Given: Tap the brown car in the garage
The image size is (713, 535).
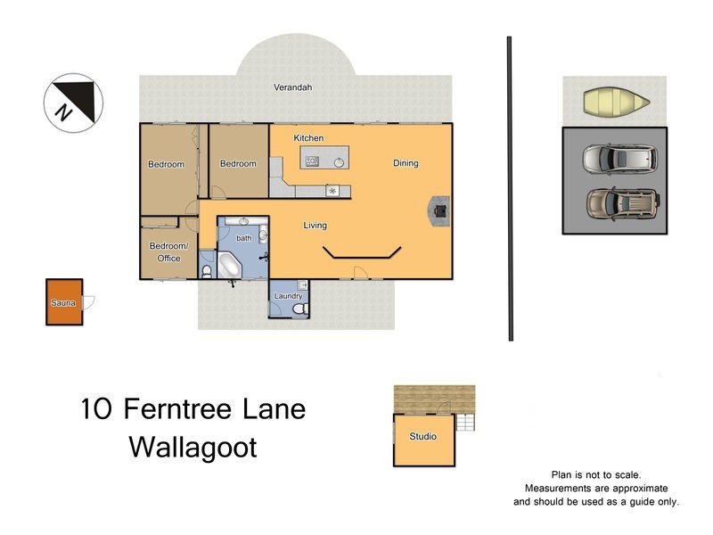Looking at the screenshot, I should click(622, 202).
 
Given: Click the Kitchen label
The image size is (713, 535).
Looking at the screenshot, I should click(308, 138).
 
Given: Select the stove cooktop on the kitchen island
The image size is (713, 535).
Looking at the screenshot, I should click(313, 161).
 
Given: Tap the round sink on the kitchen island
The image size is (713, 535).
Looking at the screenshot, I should click(340, 161).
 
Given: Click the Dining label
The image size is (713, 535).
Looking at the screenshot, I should click(406, 163).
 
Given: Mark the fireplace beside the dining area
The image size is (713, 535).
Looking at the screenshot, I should click(439, 211).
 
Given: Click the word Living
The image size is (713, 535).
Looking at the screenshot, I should click(316, 226).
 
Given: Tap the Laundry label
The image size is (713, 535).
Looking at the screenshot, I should click(288, 296).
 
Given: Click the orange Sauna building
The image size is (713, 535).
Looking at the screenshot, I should click(64, 303).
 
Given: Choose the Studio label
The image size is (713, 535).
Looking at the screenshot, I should click(422, 437).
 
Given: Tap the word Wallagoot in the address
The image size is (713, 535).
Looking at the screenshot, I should click(193, 447).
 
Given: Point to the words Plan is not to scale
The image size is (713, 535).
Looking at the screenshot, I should click(596, 476).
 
